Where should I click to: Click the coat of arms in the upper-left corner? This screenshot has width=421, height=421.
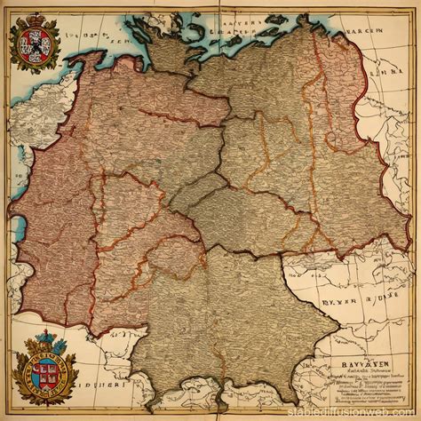(34, 42)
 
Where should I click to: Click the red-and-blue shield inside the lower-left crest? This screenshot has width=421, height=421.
(44, 368)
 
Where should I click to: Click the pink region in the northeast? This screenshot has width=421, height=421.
(342, 98)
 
